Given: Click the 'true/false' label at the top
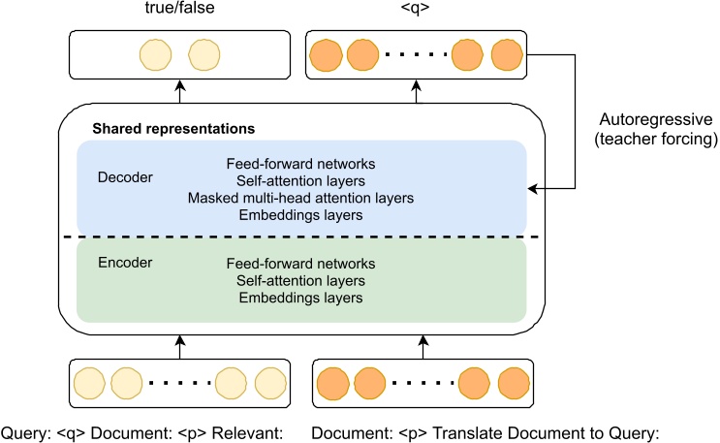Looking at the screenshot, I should (x=177, y=11).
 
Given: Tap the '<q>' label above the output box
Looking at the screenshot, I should (x=419, y=11).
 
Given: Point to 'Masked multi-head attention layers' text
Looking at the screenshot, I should (x=301, y=198).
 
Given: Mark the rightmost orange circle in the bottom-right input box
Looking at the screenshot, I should (x=509, y=383).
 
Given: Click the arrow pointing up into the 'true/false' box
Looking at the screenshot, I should (x=177, y=87).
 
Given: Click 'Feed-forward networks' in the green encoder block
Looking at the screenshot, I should (x=301, y=264).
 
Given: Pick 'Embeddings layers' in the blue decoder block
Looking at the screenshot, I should (x=301, y=214).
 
